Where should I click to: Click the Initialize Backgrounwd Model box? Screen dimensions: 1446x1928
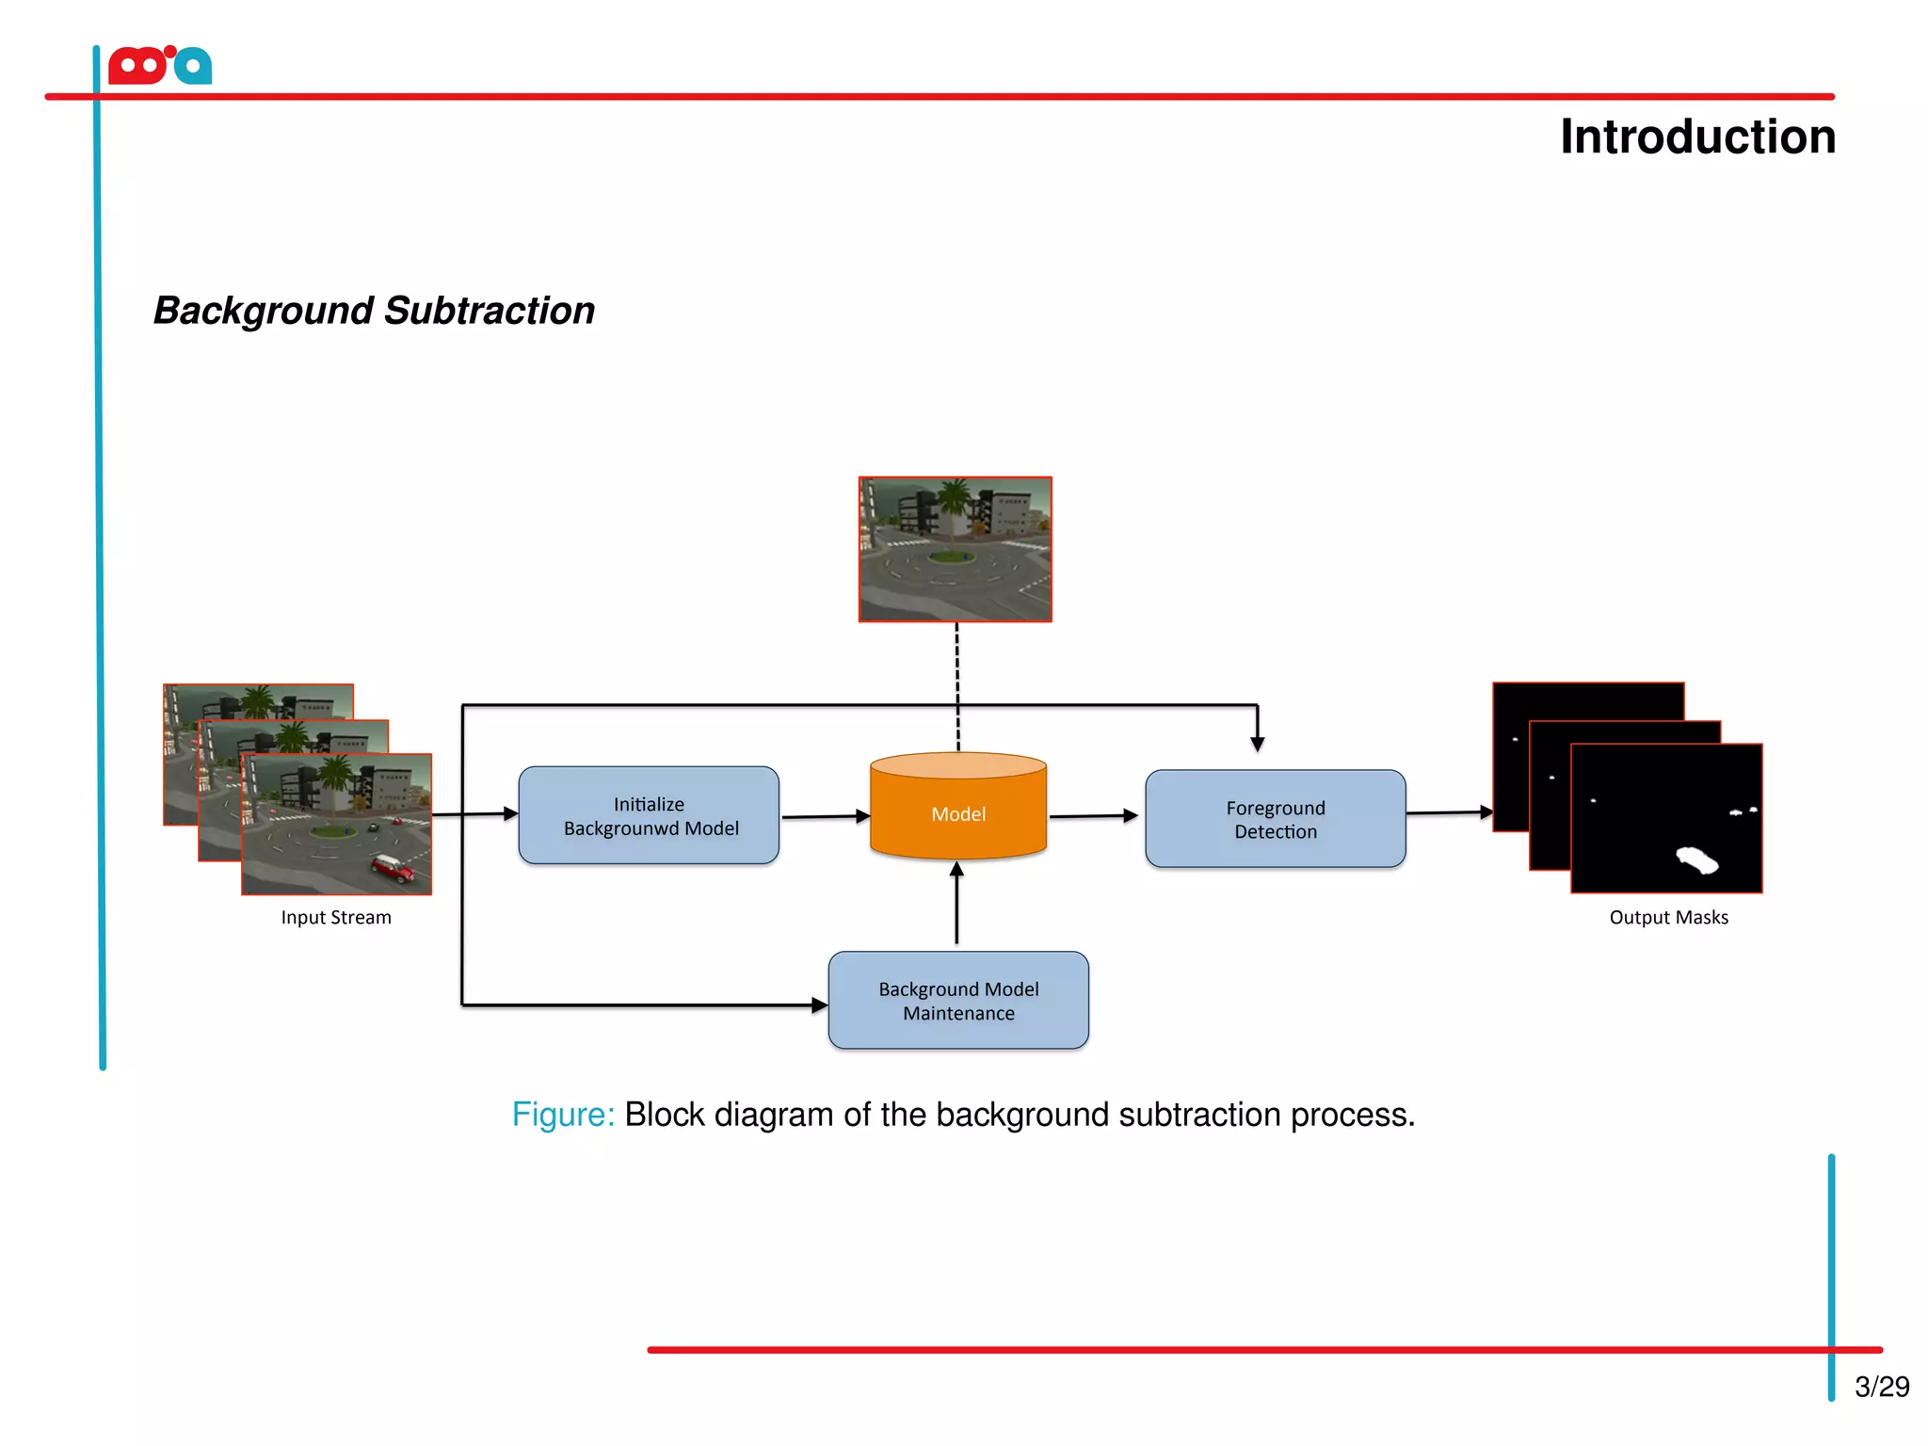click(649, 815)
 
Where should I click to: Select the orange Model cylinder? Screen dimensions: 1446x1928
click(958, 813)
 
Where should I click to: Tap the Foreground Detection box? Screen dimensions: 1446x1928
click(1275, 819)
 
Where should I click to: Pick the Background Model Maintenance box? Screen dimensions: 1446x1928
click(958, 1001)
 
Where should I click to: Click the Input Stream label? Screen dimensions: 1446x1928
click(336, 917)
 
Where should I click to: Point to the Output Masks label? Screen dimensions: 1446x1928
click(1668, 917)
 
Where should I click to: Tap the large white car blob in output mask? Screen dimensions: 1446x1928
click(1697, 860)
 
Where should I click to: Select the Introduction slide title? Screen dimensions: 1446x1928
click(1697, 137)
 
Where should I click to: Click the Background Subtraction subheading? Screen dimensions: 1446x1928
click(374, 311)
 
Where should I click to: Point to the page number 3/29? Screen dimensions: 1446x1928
click(1881, 1387)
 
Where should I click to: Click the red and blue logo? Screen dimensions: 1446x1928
click(160, 66)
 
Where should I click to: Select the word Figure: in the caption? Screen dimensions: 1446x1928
click(562, 1115)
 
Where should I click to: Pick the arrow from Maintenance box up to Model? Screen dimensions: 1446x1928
click(956, 904)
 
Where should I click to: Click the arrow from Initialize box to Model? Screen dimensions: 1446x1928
click(825, 816)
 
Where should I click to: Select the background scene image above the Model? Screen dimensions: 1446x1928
click(955, 549)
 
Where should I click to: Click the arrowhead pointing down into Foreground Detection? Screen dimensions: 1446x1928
click(1258, 743)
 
